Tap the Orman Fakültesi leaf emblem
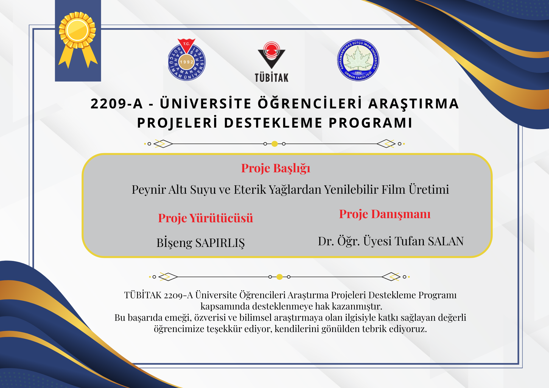tap(358, 60)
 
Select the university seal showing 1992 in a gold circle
tap(187, 60)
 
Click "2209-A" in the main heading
tap(117, 104)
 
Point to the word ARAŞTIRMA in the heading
tap(413, 104)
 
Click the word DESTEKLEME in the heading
tap(273, 123)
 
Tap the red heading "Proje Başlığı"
tap(276, 168)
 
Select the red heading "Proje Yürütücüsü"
tap(206, 218)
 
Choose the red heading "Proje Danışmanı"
tap(385, 214)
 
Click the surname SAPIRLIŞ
tap(220, 243)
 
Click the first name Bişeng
tap(174, 243)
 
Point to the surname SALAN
tap(446, 241)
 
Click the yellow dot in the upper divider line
tap(274, 144)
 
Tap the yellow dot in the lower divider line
tap(279, 277)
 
